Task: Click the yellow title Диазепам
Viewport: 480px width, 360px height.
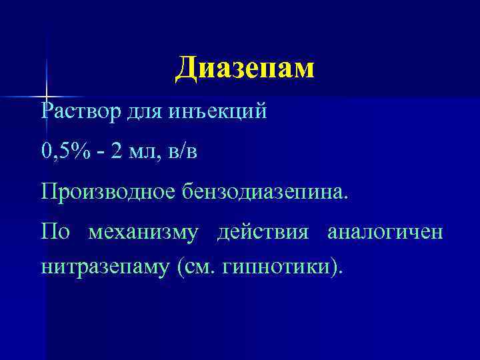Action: (x=244, y=68)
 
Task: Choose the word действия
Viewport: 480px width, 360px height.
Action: (x=263, y=233)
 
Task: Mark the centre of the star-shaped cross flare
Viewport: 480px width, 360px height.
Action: (x=47, y=97)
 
